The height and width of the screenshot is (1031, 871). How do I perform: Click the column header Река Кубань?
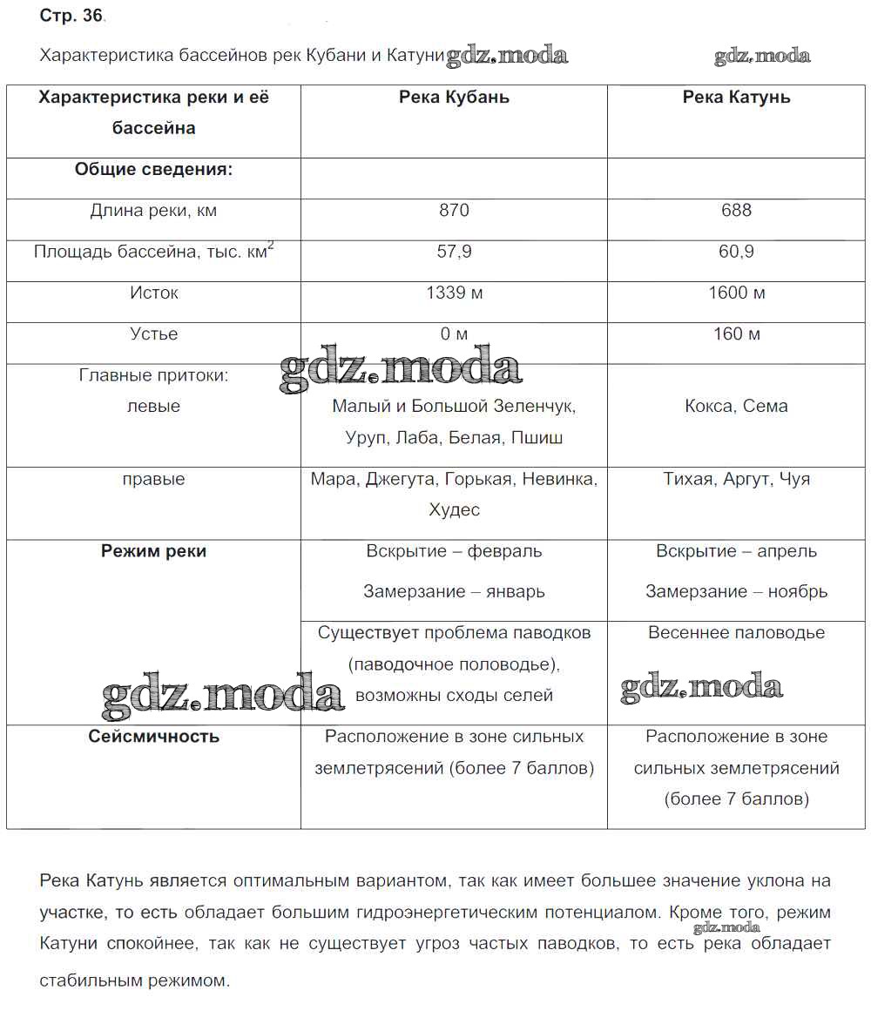454,98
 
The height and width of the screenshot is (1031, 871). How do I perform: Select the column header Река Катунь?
737,98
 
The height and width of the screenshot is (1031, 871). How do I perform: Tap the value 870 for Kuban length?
454,210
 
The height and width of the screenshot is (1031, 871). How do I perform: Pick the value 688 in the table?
737,210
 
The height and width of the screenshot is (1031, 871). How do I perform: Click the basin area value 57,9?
454,252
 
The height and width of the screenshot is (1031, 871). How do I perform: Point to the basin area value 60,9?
737,252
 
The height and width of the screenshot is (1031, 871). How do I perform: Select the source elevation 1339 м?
454,293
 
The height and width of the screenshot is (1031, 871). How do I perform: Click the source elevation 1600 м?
737,293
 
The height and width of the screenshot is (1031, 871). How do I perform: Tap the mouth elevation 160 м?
737,334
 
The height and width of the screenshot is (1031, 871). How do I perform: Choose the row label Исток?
154,293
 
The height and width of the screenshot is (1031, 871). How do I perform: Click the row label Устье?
154,334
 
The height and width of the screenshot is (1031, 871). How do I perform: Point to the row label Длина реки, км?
154,210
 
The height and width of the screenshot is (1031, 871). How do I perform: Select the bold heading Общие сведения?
154,169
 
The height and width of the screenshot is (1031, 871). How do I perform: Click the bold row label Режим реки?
154,551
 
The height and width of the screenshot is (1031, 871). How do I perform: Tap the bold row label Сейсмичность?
154,737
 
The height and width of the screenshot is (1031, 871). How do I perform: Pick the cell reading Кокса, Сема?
737,406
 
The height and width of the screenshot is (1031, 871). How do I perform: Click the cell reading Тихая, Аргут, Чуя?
737,479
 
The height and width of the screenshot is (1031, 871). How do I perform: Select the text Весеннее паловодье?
737,633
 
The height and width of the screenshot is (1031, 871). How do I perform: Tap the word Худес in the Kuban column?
454,510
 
